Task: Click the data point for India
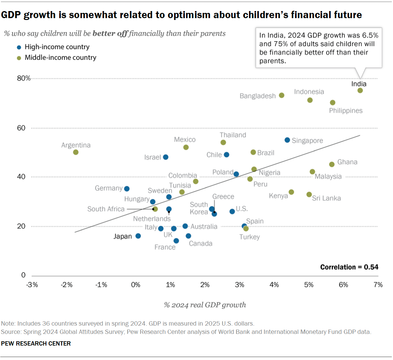(x=360, y=91)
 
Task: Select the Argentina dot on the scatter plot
(x=76, y=152)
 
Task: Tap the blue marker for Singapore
(x=287, y=140)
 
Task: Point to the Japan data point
(x=138, y=236)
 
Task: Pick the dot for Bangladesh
(x=282, y=96)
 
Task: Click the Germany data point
(x=127, y=189)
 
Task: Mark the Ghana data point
(x=332, y=164)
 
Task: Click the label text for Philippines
(x=346, y=111)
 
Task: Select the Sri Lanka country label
(x=326, y=198)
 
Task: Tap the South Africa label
(x=106, y=209)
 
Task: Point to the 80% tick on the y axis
(x=24, y=78)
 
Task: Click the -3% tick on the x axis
(x=32, y=285)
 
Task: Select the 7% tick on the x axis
(x=378, y=285)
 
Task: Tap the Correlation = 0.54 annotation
(x=349, y=267)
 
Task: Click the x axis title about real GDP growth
(x=205, y=305)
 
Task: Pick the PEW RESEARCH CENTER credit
(x=36, y=343)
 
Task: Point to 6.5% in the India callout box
(x=370, y=35)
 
